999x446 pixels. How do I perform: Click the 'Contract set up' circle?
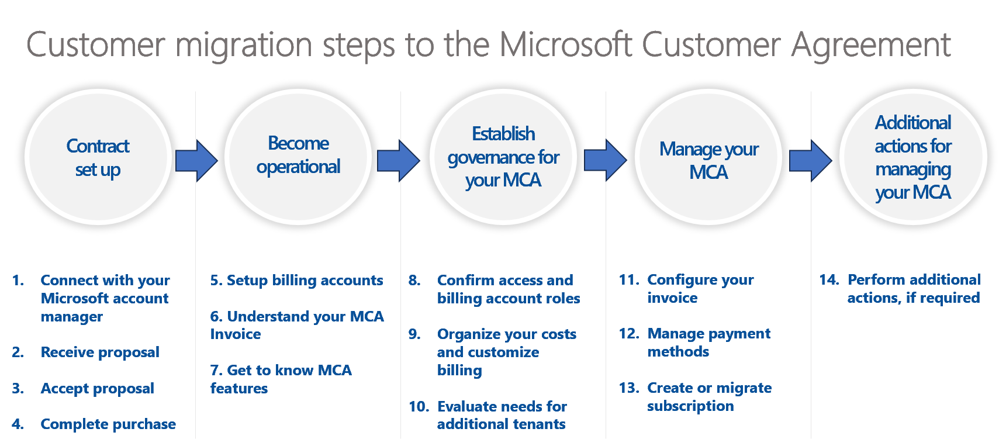tap(98, 157)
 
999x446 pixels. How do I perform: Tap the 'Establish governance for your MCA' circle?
tap(503, 157)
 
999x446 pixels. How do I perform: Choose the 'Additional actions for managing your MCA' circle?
tap(912, 157)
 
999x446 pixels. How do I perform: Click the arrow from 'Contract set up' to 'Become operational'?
tap(196, 160)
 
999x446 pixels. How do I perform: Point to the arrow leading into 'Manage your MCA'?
tap(606, 160)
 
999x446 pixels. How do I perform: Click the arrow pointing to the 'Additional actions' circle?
tap(810, 160)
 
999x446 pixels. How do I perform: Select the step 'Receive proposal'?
tap(100, 352)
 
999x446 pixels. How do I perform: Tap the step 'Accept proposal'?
tap(97, 389)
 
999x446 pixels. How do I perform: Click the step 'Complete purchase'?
tap(108, 424)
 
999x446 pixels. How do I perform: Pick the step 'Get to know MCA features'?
tap(281, 379)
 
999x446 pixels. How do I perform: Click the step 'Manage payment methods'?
tap(708, 343)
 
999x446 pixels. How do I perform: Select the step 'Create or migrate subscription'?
tap(709, 397)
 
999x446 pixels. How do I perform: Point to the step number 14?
tap(829, 280)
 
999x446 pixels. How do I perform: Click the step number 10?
tap(419, 407)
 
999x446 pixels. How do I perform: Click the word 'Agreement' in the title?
tap(870, 45)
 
